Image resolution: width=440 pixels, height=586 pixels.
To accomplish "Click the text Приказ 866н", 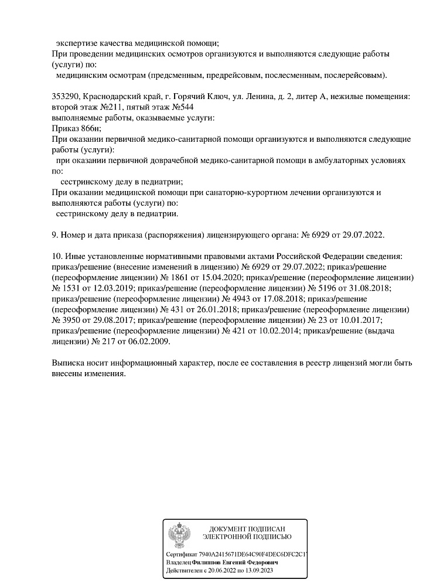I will [x=76, y=128].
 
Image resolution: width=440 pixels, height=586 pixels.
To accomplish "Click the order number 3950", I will [x=66, y=320].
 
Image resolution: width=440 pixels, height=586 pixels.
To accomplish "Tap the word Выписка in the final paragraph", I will [x=70, y=363].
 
